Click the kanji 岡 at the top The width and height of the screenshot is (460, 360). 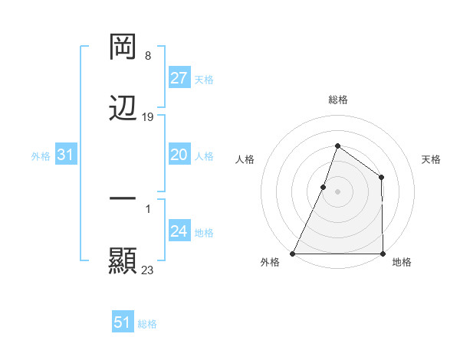(x=123, y=47)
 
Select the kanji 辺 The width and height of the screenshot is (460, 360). (x=123, y=109)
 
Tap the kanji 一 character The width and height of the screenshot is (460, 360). (x=123, y=199)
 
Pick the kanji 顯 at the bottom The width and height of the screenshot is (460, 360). (x=123, y=260)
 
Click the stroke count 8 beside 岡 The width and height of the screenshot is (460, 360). (x=147, y=57)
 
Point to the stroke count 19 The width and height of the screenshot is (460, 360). (x=148, y=117)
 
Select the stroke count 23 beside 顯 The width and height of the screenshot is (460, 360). (x=148, y=270)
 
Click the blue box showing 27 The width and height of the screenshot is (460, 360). (x=179, y=78)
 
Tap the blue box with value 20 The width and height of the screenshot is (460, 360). (x=179, y=155)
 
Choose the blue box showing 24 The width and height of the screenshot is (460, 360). (x=179, y=231)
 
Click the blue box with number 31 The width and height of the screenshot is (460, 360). (x=65, y=155)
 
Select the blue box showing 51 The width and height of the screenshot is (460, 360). (x=123, y=322)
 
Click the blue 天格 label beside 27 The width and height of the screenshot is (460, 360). (x=203, y=79)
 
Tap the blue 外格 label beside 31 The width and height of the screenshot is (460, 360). (x=41, y=155)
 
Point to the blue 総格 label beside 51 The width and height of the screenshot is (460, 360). (x=147, y=323)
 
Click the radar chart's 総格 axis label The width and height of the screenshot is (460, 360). (x=337, y=100)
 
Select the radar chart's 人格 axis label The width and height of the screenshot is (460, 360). (x=245, y=159)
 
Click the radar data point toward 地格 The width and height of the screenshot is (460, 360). (x=383, y=254)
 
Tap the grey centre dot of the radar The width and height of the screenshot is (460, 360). (x=337, y=191)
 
